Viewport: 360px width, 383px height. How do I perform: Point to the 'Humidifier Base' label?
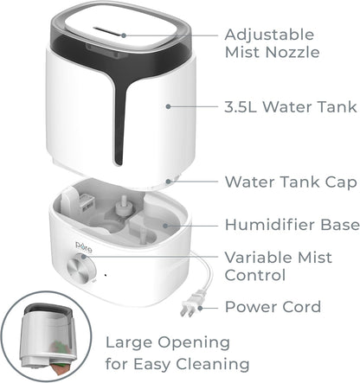tap(292, 225)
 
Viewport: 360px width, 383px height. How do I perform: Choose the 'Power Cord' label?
tap(273, 306)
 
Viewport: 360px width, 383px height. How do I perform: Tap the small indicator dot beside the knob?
tap(105, 276)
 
